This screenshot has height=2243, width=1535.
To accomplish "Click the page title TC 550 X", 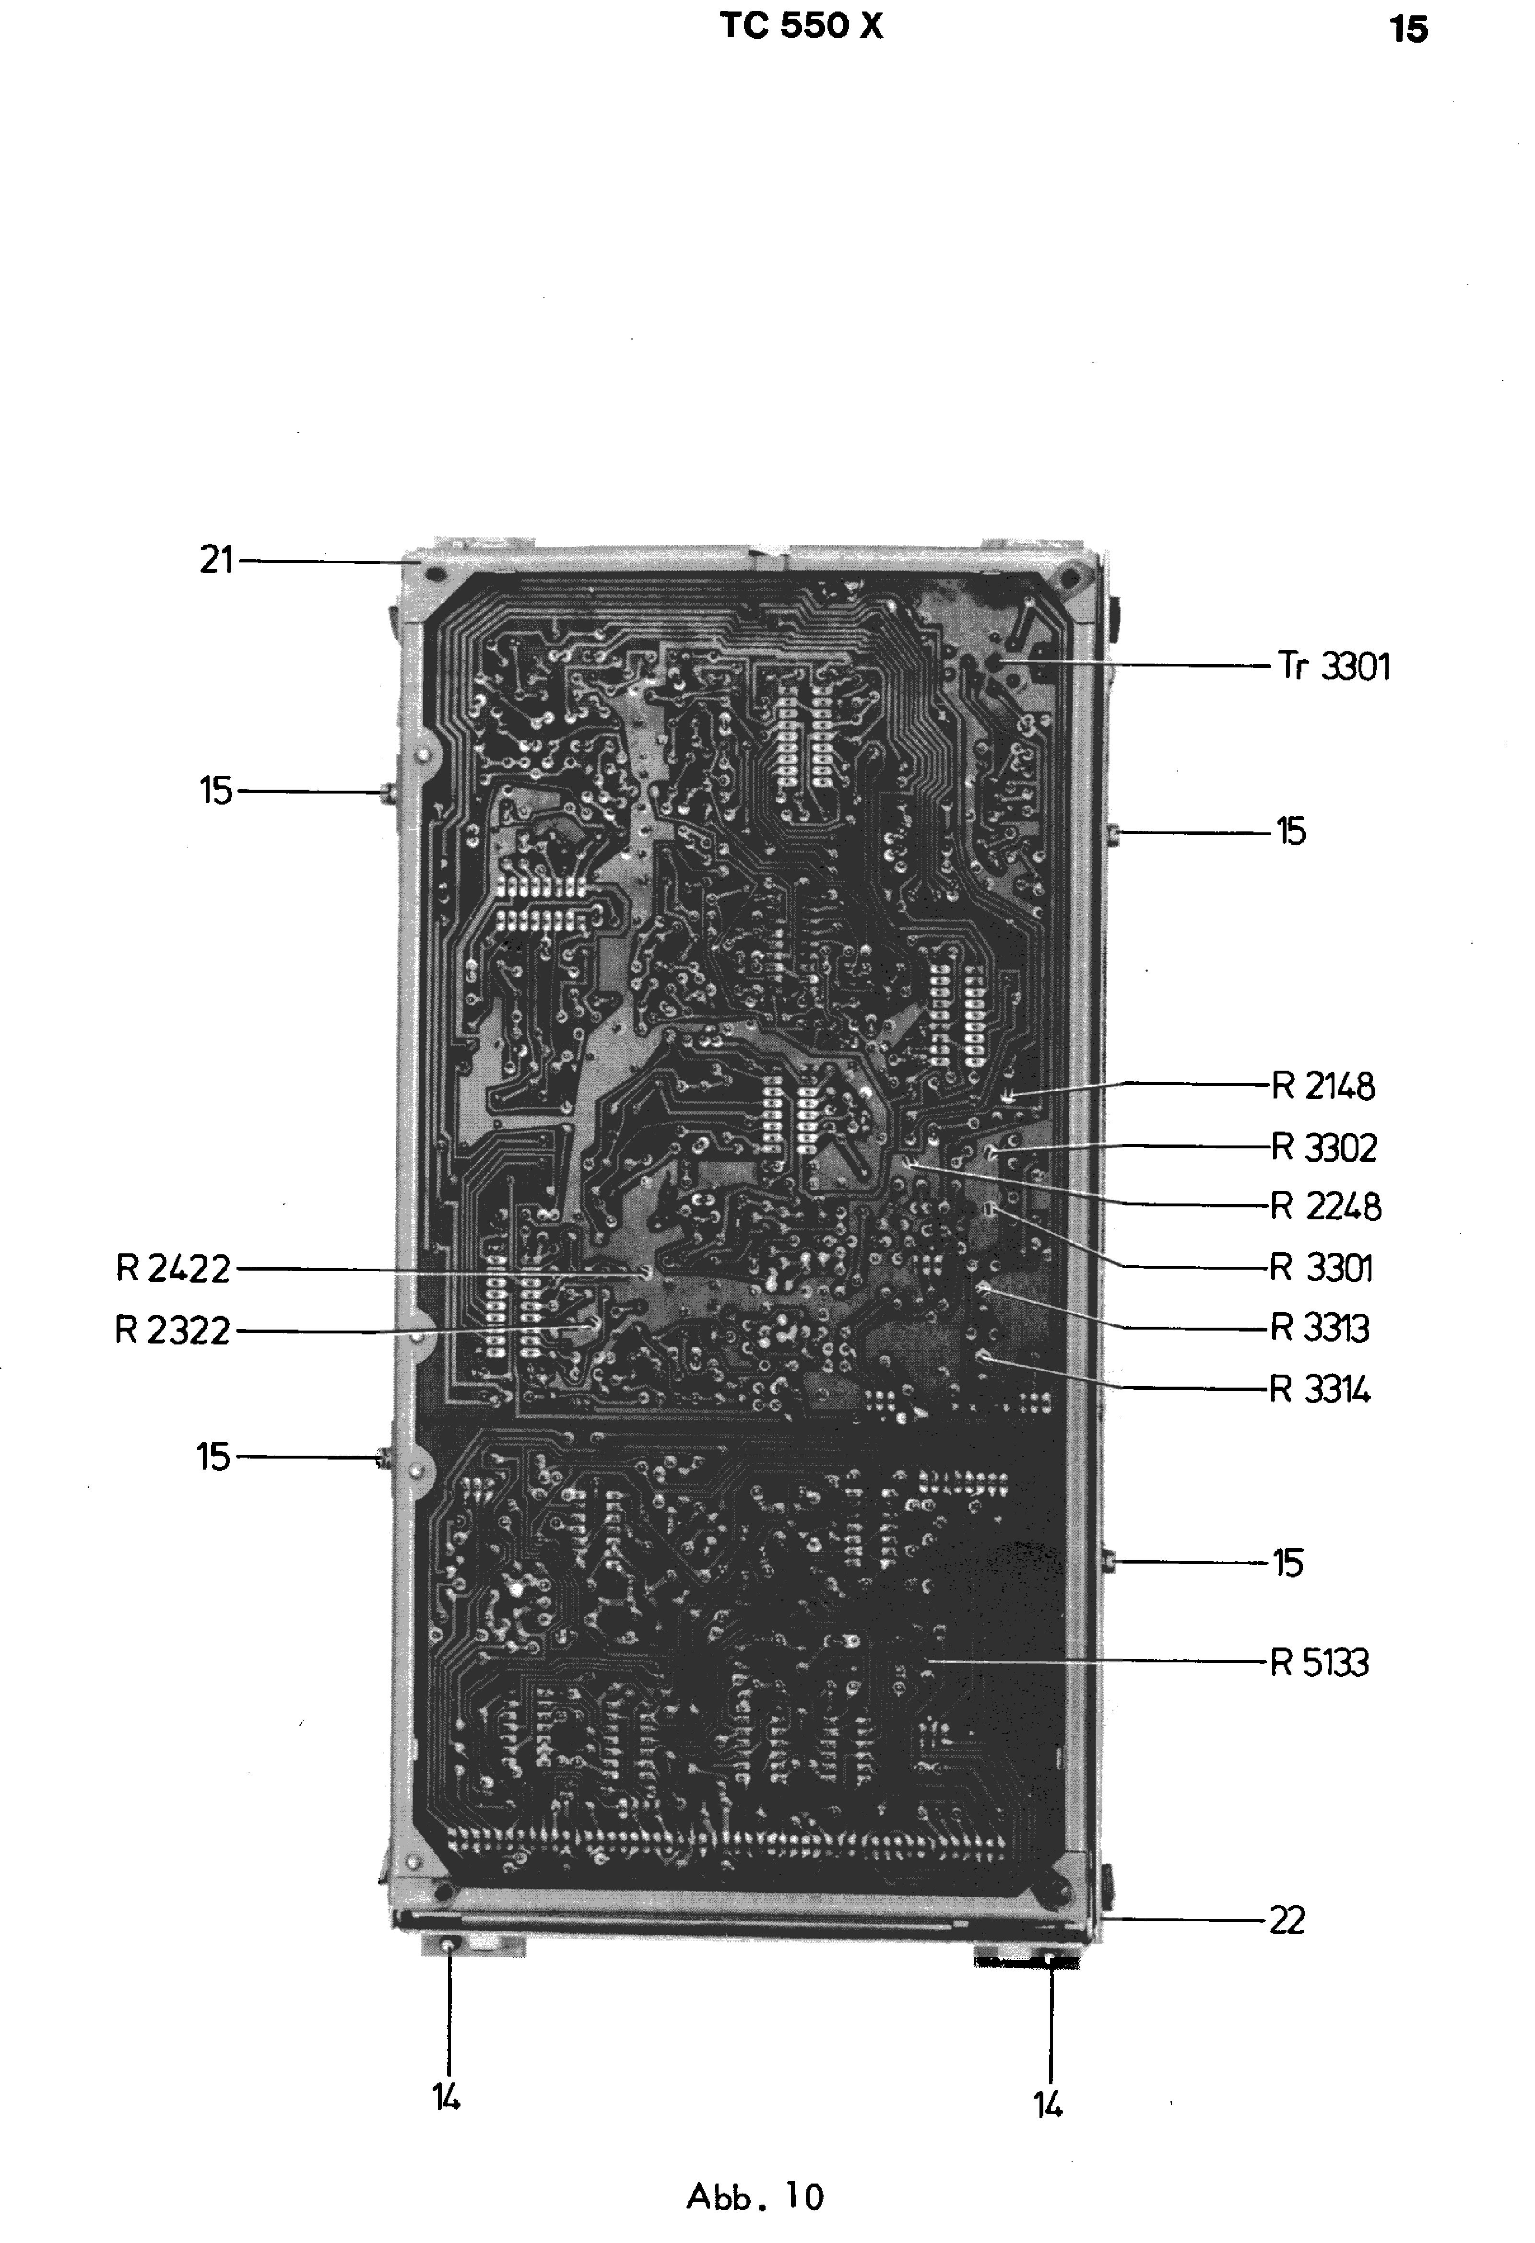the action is [x=800, y=26].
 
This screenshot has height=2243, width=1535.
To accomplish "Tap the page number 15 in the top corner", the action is [x=1408, y=30].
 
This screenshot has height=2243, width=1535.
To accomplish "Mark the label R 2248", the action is [x=1325, y=1206].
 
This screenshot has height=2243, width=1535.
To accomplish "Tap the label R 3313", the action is [x=1320, y=1329].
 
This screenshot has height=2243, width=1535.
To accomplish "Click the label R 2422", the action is [x=174, y=1269].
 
